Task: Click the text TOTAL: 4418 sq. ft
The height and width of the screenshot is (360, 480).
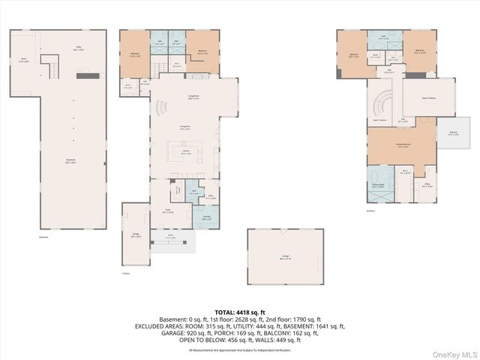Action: [x=240, y=311]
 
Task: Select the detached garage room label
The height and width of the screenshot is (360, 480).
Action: [x=285, y=257]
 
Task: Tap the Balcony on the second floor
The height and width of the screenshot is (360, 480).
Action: [x=453, y=133]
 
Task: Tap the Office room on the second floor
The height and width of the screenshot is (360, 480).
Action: [x=426, y=186]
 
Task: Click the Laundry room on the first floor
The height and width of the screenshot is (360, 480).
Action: [x=206, y=217]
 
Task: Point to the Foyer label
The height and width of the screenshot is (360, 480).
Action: [x=169, y=211]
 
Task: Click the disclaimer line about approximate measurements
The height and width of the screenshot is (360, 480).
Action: [x=240, y=349]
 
